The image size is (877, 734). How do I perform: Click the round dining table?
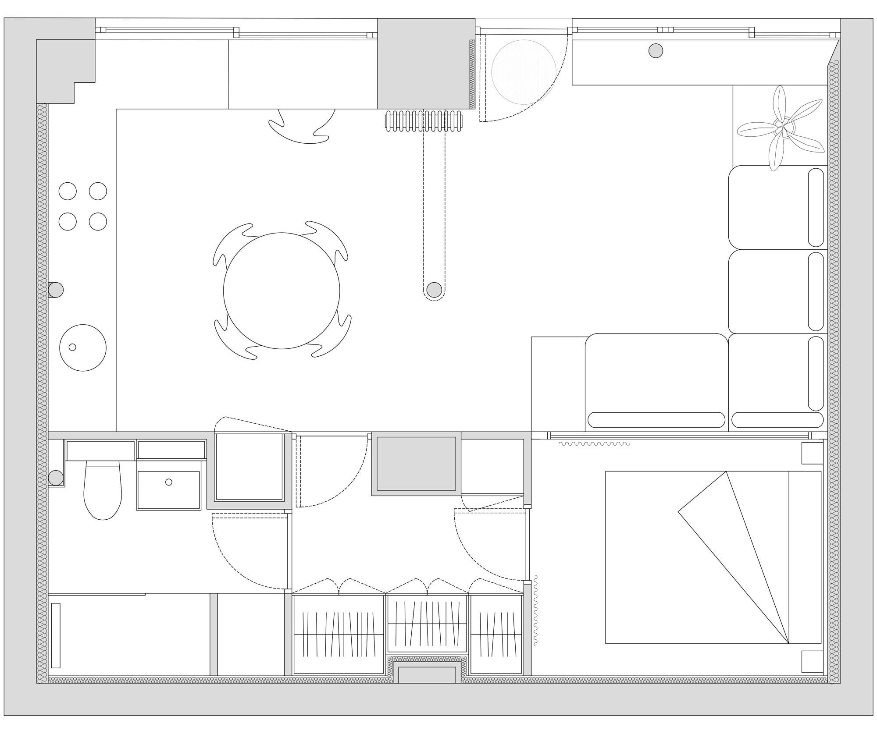(282, 291)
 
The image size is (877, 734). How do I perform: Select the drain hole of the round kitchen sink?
(72, 347)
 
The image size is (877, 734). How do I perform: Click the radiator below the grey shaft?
(424, 121)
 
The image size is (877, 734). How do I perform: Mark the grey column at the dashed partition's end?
(434, 289)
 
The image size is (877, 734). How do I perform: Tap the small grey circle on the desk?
(656, 51)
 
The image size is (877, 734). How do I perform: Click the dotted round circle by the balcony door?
(524, 72)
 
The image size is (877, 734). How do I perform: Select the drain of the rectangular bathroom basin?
(169, 482)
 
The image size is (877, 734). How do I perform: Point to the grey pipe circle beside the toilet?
(56, 478)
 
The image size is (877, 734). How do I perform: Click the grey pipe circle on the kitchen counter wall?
(56, 290)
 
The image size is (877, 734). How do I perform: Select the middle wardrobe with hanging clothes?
(427, 627)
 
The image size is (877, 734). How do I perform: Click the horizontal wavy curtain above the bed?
(594, 444)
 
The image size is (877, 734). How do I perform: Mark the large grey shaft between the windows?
(426, 64)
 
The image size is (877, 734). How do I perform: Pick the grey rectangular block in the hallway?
(416, 464)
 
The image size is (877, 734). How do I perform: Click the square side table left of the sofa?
(558, 384)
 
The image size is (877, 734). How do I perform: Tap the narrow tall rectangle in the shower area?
(56, 635)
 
